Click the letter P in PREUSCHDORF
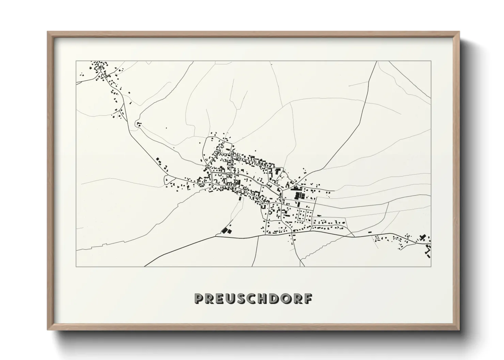click(x=199, y=298)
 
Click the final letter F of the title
click(x=308, y=298)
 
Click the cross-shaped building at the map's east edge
click(x=423, y=238)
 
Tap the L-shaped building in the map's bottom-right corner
click(x=427, y=252)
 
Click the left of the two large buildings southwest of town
click(x=224, y=230)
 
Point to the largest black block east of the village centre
click(x=300, y=196)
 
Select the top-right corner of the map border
click(x=431, y=61)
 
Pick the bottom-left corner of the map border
click(x=76, y=266)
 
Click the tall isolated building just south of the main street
click(x=240, y=197)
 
